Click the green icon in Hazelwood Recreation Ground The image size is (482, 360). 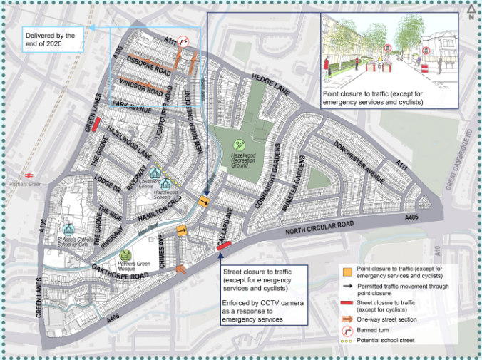(x=240, y=145)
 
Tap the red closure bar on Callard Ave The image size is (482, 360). (x=224, y=245)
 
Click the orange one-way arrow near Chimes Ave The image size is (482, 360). (x=182, y=269)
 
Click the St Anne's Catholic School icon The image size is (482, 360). (x=68, y=230)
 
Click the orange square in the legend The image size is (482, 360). (x=345, y=272)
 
